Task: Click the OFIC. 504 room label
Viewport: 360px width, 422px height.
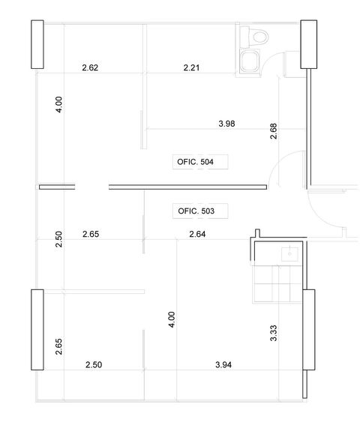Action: click(195, 162)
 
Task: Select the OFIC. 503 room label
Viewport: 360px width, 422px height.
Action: click(196, 211)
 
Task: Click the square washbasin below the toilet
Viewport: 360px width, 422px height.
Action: click(250, 61)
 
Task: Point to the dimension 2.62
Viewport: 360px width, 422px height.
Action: click(90, 67)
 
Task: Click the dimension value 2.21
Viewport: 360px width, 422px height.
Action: click(191, 67)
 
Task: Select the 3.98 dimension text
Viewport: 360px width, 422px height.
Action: click(226, 124)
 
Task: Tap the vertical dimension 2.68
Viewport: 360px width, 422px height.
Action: click(273, 131)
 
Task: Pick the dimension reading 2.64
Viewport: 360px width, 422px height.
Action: click(197, 234)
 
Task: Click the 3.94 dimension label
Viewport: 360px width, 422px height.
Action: click(223, 365)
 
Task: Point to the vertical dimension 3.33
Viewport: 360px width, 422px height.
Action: click(273, 334)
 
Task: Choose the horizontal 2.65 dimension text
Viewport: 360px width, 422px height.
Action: click(91, 234)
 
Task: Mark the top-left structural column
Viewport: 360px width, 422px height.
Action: click(37, 44)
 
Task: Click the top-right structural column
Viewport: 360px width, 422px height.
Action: click(308, 44)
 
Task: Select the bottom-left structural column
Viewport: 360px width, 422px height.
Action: click(37, 330)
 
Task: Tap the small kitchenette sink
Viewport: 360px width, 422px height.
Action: click(289, 254)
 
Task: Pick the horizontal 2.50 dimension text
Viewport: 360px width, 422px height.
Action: click(94, 365)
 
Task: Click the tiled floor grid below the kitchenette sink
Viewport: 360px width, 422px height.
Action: click(277, 283)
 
